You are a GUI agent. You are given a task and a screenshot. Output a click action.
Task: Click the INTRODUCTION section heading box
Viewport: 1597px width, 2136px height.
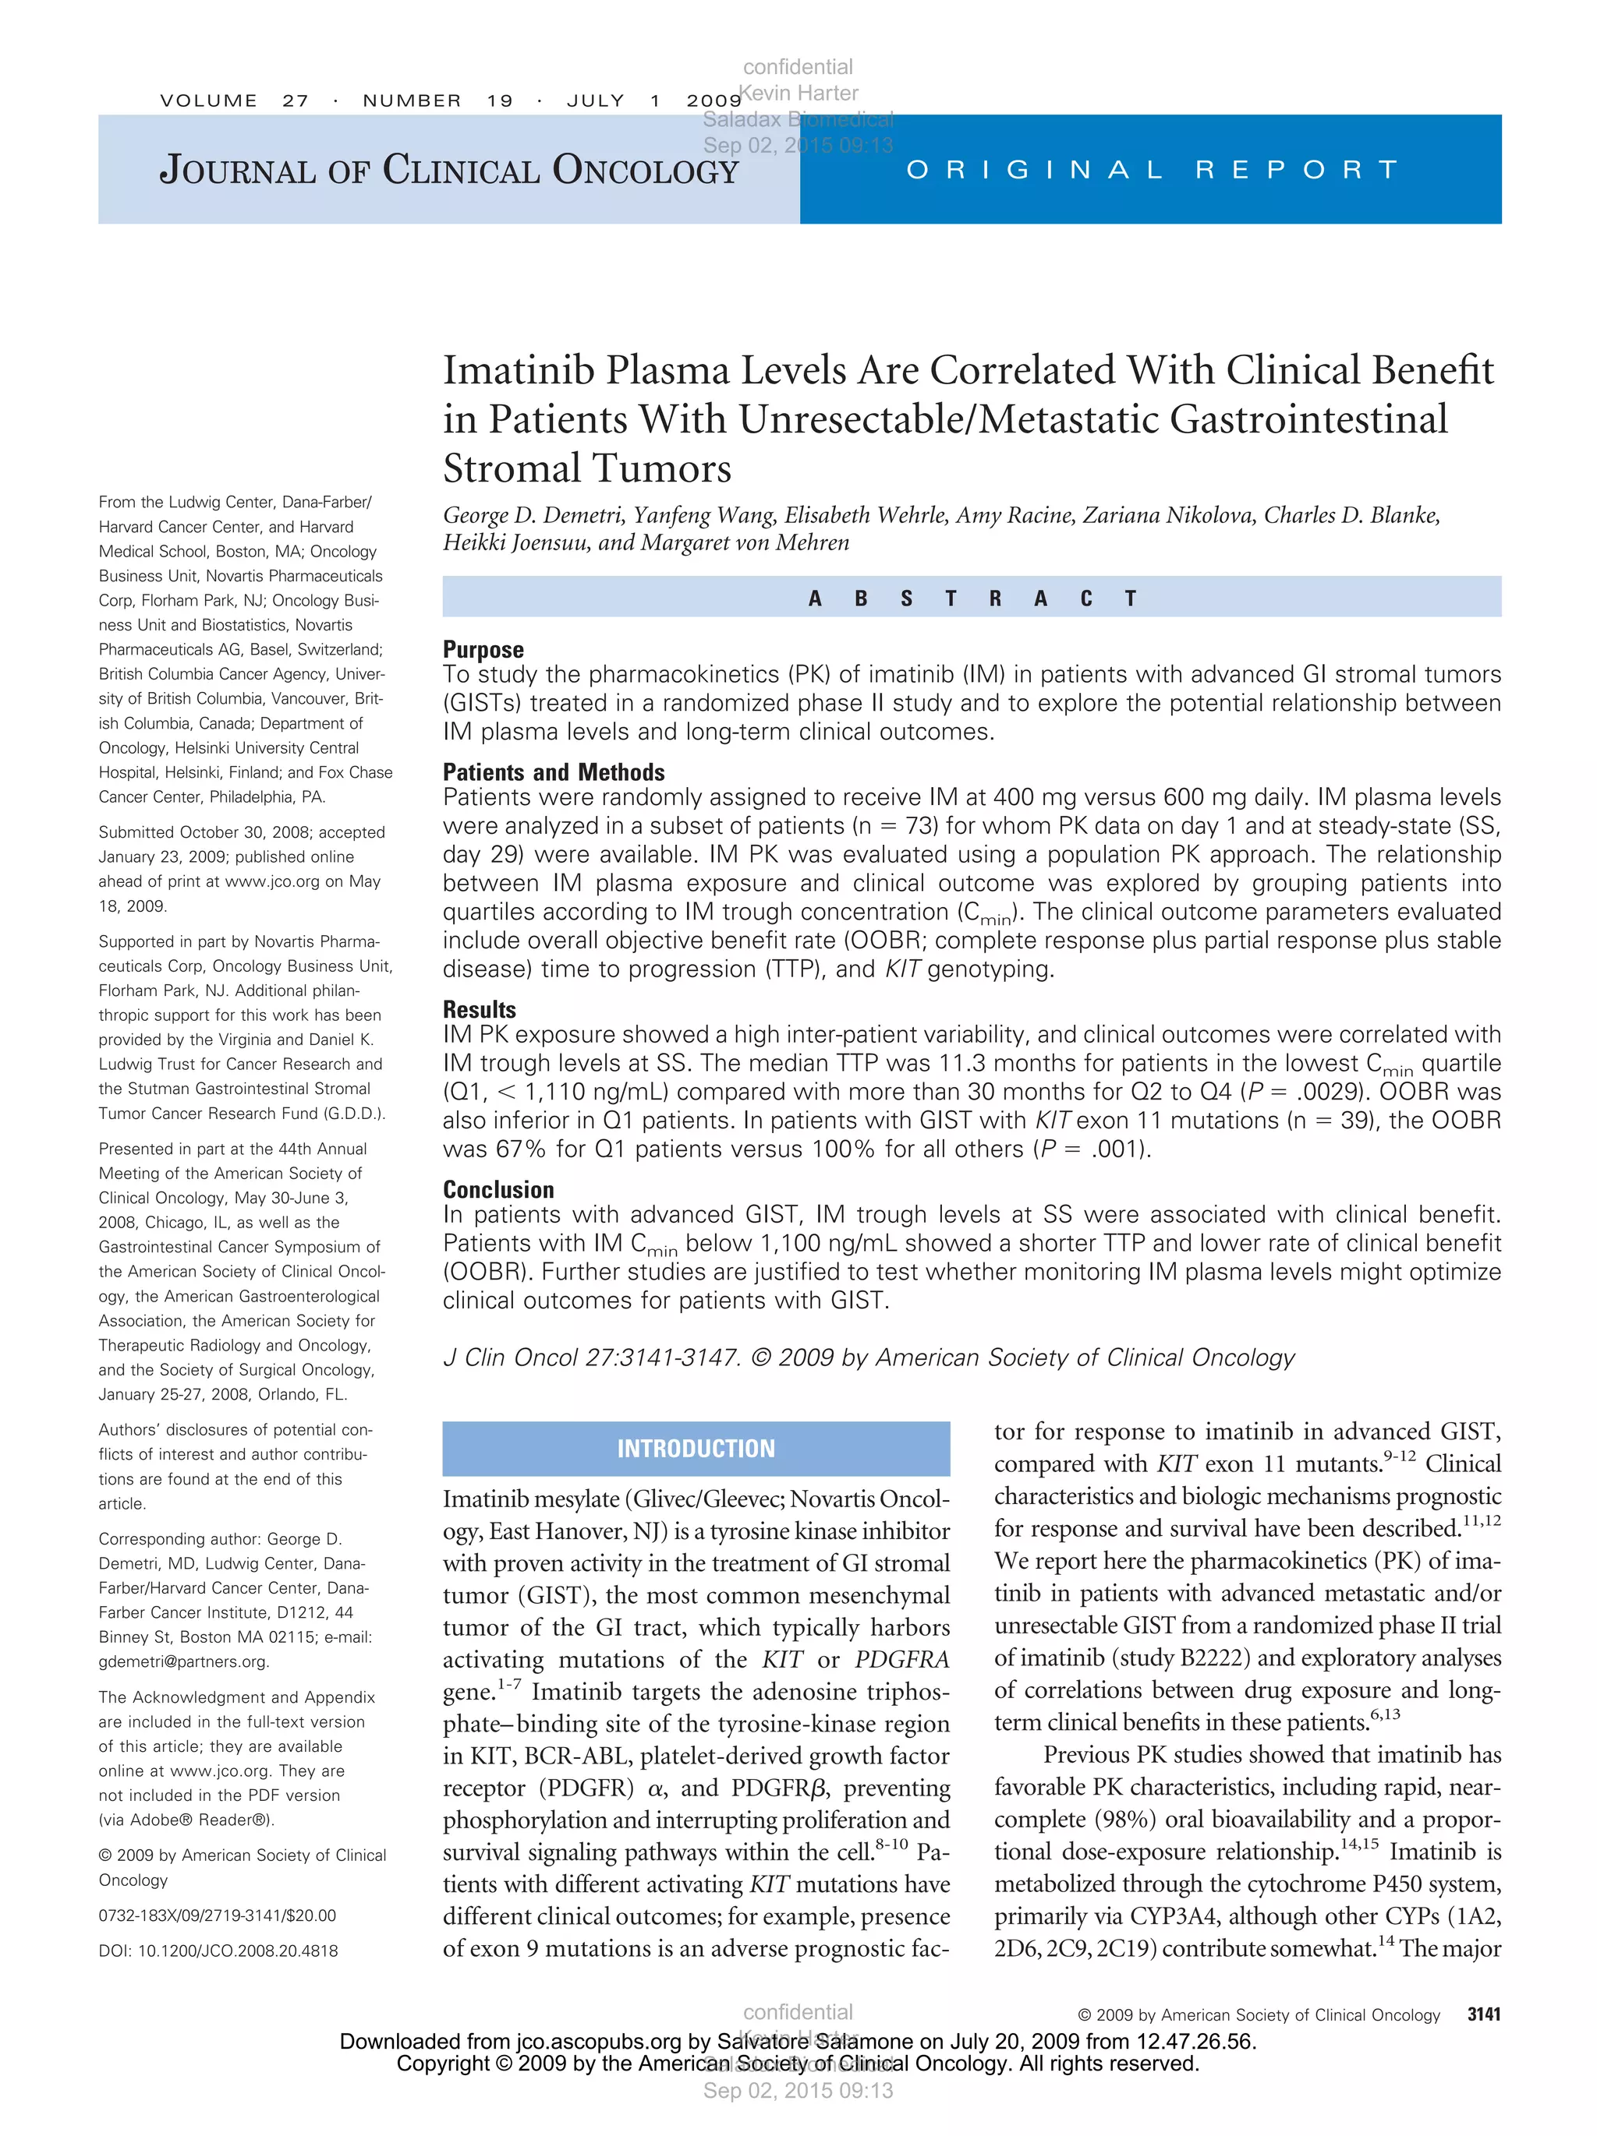696,1449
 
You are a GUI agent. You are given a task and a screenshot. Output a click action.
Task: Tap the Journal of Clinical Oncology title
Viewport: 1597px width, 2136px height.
448,170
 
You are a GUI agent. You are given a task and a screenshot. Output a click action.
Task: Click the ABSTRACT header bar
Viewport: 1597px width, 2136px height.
971,598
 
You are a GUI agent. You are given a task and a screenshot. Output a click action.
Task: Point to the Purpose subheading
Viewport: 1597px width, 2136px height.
483,649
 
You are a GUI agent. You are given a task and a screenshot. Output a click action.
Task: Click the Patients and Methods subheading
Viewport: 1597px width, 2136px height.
554,771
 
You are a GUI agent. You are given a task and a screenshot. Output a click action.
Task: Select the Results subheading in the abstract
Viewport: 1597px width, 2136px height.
480,1009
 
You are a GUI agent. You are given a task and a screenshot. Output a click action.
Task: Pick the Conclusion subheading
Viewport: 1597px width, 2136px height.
498,1190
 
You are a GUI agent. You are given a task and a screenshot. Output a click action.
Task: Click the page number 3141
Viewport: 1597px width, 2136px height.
1483,2014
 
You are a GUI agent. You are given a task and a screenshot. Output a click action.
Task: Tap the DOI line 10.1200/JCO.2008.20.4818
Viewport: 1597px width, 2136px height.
218,1951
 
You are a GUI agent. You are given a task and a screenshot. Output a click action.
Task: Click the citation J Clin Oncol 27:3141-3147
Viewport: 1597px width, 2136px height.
591,1358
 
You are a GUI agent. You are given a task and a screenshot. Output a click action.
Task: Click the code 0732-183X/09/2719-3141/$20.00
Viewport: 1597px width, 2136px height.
218,1915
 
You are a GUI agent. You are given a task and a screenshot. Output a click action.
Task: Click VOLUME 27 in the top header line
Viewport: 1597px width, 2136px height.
234,101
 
